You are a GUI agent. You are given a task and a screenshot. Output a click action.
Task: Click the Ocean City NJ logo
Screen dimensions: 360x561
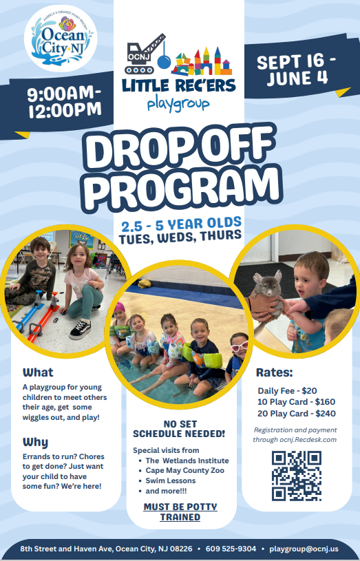click(61, 39)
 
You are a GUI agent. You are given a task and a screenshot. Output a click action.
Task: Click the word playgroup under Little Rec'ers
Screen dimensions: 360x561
click(178, 104)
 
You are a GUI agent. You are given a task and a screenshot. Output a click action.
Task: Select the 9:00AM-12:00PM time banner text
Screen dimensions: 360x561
click(65, 102)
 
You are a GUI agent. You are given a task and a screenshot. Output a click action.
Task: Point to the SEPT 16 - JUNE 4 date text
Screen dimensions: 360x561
click(296, 70)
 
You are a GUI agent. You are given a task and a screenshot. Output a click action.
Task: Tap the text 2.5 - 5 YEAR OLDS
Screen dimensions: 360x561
click(181, 224)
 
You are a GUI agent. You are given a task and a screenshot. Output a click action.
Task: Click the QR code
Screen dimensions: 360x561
click(296, 476)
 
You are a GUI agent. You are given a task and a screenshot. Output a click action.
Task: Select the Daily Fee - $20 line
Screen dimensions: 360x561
click(287, 391)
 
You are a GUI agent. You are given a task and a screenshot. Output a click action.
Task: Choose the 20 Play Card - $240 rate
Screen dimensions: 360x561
click(296, 414)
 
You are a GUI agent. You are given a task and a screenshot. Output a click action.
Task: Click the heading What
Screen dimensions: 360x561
click(38, 372)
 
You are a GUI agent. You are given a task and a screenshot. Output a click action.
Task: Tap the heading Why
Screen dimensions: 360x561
click(35, 442)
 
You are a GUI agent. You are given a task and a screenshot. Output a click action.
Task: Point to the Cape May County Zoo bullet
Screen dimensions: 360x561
click(184, 470)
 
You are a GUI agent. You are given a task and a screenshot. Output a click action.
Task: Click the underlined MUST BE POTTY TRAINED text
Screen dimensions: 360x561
click(180, 512)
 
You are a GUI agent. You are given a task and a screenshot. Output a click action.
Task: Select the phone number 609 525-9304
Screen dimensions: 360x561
click(231, 549)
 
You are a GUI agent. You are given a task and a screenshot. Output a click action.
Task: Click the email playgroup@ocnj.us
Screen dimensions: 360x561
click(304, 549)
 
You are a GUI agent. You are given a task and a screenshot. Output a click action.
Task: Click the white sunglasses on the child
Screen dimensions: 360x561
click(239, 346)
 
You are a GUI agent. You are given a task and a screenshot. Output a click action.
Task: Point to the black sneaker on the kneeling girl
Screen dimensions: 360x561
click(80, 329)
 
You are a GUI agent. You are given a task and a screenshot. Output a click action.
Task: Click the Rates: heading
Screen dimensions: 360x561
click(275, 372)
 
